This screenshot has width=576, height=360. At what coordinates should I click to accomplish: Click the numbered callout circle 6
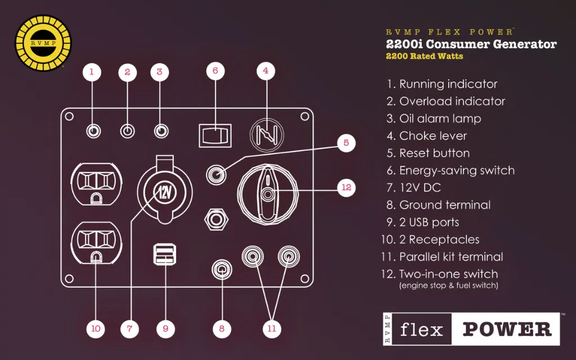pos(215,71)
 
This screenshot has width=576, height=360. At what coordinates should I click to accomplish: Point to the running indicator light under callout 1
pos(93,131)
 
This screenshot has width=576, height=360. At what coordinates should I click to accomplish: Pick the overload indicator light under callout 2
pos(128,131)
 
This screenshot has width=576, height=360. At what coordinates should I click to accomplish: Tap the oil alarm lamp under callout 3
pos(161,131)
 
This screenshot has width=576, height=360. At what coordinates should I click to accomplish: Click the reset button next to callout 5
pos(217,173)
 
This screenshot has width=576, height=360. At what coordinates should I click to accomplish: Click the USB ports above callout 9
pos(164,255)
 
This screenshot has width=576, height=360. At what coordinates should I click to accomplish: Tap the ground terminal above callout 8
pos(222,270)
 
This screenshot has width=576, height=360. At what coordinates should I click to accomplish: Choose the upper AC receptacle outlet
pos(96,183)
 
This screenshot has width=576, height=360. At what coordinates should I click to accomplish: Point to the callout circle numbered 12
pos(346,188)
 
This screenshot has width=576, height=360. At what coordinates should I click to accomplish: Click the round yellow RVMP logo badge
pos(43,43)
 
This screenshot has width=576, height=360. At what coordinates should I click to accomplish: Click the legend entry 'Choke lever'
pos(433,136)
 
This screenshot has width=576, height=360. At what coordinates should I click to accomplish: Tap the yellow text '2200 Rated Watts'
pos(424,56)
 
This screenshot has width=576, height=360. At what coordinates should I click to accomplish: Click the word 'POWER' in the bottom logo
pos(507,329)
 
